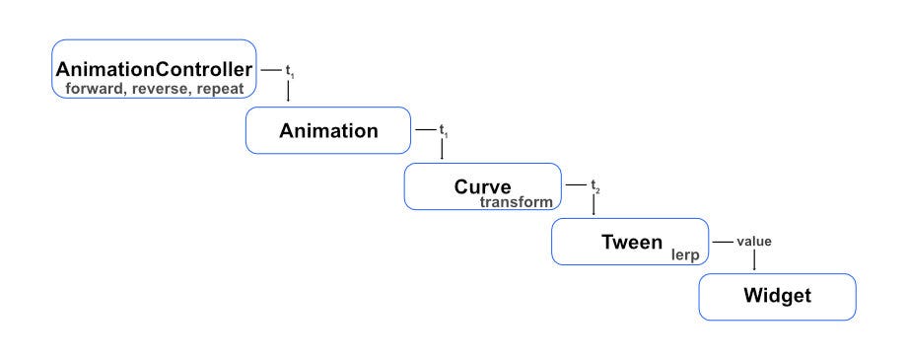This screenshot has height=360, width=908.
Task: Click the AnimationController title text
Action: (155, 70)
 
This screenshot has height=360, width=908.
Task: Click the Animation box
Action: (328, 131)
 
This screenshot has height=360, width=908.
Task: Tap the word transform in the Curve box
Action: (517, 201)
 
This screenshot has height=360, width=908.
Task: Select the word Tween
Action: (632, 241)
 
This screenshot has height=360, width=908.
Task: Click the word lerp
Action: (683, 254)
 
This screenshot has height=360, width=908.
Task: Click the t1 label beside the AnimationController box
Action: (289, 72)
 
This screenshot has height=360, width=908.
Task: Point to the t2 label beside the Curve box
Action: (594, 185)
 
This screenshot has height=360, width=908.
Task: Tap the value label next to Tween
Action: (754, 241)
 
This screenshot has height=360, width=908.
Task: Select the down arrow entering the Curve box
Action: (442, 150)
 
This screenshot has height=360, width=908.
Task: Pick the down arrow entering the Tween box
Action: (594, 206)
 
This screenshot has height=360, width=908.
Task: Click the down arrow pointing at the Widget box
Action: (754, 261)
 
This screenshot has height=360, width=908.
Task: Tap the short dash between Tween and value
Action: (724, 241)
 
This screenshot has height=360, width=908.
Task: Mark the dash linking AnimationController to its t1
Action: (270, 71)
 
